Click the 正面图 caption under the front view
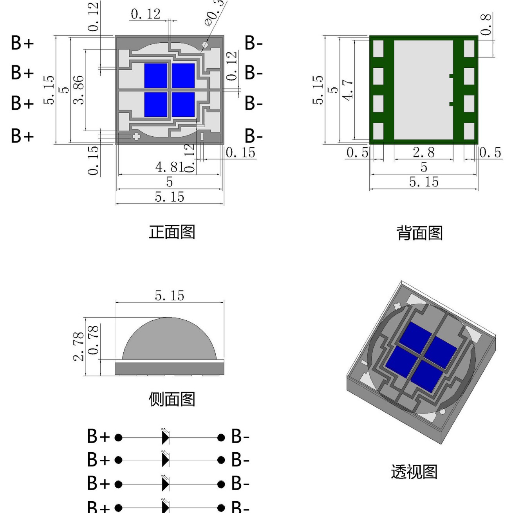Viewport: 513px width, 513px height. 172,232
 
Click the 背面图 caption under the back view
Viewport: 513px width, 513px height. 419,233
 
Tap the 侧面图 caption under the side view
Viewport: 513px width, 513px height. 172,399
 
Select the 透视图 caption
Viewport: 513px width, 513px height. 414,472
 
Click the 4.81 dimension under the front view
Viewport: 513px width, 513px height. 170,167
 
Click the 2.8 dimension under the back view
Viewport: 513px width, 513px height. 423,152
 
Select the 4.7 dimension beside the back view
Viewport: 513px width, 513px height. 348,90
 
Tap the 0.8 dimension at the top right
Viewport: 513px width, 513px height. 486,24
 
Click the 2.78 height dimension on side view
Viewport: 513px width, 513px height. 79,346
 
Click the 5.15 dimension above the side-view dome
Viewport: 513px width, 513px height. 169,296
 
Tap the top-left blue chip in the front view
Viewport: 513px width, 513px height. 156,76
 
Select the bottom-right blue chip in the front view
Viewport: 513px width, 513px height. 183,105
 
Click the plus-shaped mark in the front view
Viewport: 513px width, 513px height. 136,137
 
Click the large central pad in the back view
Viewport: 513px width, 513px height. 423,90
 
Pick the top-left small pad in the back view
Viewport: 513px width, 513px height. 378,49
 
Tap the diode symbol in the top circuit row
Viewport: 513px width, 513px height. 166,437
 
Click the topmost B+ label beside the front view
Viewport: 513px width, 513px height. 22,43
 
